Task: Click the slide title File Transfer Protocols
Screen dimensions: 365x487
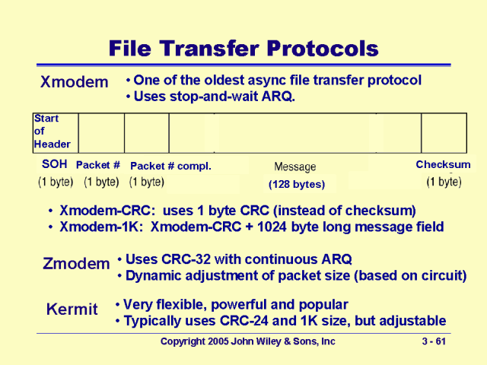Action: pyautogui.click(x=243, y=49)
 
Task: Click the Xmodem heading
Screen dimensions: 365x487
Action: pyautogui.click(x=74, y=82)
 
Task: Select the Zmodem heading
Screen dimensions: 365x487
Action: pyautogui.click(x=76, y=264)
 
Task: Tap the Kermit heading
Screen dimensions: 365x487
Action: pyautogui.click(x=72, y=309)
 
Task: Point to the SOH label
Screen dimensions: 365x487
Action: pyautogui.click(x=55, y=164)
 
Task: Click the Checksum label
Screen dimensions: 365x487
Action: pyautogui.click(x=443, y=165)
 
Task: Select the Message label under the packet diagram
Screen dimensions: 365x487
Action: pyautogui.click(x=294, y=167)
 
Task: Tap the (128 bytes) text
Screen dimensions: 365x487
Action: pyautogui.click(x=297, y=184)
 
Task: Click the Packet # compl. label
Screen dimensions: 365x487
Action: pyautogui.click(x=170, y=166)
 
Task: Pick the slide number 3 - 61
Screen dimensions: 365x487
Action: pyautogui.click(x=434, y=342)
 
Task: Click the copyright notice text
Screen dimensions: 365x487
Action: pyautogui.click(x=247, y=342)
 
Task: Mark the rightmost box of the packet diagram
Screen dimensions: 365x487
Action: pyautogui.click(x=444, y=132)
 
